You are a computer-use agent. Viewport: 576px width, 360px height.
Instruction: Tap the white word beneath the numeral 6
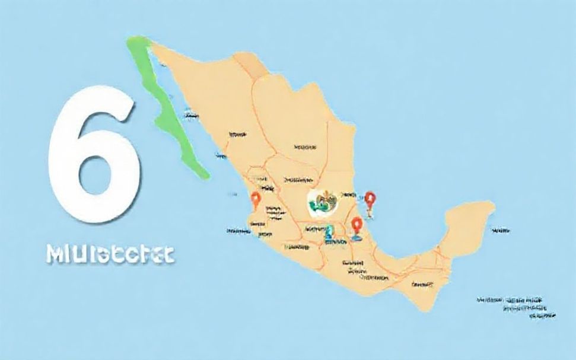pyautogui.click(x=109, y=254)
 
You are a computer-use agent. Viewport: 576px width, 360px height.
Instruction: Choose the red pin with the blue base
pyautogui.click(x=357, y=226)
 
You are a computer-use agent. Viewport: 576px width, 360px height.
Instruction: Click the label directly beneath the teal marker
pyautogui.click(x=336, y=242)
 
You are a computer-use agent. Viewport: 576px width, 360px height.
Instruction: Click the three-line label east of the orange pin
pyautogui.click(x=274, y=213)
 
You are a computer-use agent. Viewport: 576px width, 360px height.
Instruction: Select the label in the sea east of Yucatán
pyautogui.click(x=502, y=230)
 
